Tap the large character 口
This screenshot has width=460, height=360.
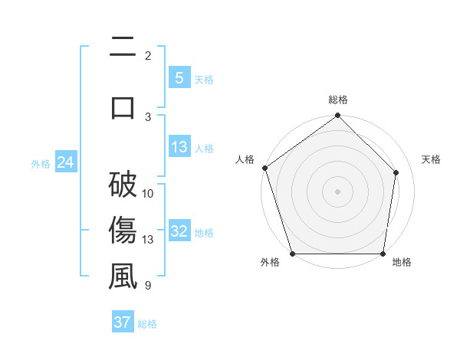123,107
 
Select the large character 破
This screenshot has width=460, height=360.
123,185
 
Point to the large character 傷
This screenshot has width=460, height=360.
123,231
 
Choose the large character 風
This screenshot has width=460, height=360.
123,277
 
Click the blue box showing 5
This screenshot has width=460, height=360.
179,78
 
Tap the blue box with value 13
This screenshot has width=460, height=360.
179,148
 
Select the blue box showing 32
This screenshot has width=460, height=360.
179,232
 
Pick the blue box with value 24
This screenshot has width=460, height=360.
65,162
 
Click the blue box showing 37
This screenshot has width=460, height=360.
122,322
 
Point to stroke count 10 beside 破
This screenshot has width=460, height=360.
148,193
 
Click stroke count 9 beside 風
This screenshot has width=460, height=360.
147,286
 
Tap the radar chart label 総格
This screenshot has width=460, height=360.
338,100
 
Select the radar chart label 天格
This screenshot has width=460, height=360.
432,159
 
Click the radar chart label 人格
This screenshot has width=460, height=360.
245,159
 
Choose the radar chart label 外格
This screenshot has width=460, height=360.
270,263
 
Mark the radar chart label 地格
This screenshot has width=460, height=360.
402,263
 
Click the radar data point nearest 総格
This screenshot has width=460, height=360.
338,116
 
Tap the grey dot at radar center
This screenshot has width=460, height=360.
338,191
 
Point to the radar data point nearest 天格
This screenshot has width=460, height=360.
396,172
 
